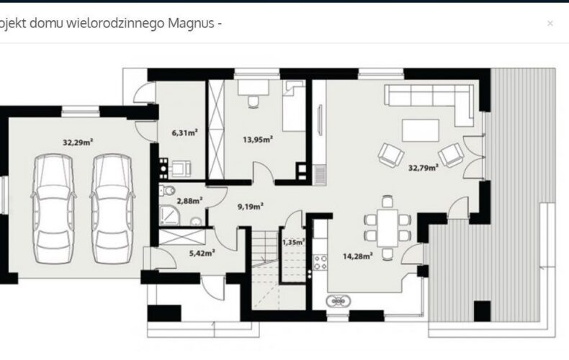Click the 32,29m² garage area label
tap(78, 142)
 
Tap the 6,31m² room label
tap(184, 132)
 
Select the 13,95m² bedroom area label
tap(258, 139)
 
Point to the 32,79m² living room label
tap(423, 167)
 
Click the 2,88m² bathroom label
tap(189, 200)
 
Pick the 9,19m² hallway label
tap(251, 207)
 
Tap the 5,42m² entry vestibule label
tap(202, 253)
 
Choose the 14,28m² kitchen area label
tap(358, 256)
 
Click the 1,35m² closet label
tap(294, 242)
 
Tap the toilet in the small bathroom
tap(168, 190)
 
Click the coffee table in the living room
tap(421, 130)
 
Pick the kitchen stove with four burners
tap(320, 262)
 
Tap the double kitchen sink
tap(339, 301)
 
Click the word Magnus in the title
tap(191, 23)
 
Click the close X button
tap(550, 23)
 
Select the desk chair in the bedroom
tap(254, 102)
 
